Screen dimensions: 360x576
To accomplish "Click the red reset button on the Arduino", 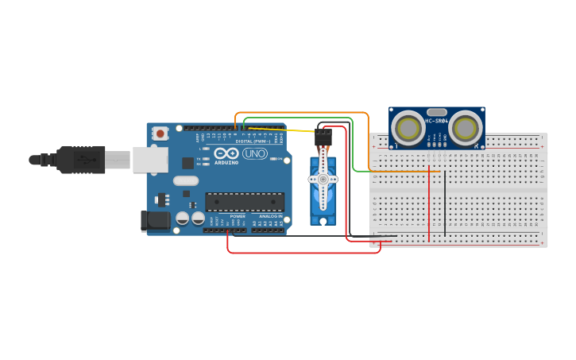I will coord(160,134).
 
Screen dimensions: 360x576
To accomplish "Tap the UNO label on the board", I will coord(255,153).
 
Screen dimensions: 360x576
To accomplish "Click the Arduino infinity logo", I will coord(226,153).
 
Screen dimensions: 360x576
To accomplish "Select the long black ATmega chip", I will coord(245,202).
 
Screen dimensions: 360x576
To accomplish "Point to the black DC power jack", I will coord(155,220).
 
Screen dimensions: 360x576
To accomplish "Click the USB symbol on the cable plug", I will coord(83,160).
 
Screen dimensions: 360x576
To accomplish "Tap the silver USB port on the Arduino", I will coord(149,160).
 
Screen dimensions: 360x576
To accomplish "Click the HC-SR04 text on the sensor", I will coord(436,121).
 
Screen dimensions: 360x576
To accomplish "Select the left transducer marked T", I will coord(408,127).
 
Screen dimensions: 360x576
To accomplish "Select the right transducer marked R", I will coord(466,127).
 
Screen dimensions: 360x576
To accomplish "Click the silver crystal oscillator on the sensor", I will coord(436,112).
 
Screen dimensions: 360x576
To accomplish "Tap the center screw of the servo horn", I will coord(323,180).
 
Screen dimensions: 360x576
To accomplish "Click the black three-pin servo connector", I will coord(323,139).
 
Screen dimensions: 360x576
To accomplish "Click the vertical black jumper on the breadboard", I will coord(445,203).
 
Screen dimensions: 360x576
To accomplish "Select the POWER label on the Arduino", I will coord(238,216).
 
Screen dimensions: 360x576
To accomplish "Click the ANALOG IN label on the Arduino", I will coord(269,216).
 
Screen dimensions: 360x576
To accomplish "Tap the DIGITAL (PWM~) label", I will coord(253,141).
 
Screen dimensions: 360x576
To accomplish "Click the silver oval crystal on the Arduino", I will coord(185,180).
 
